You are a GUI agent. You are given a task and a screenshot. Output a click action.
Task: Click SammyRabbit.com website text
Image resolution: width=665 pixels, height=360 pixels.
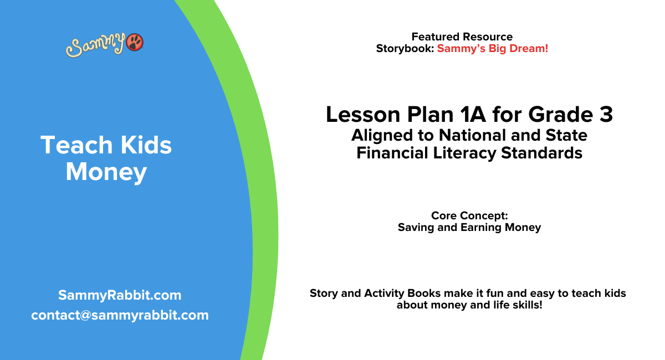point(120,295)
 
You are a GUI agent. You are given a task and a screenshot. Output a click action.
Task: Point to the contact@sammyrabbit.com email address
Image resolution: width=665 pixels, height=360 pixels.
point(120,315)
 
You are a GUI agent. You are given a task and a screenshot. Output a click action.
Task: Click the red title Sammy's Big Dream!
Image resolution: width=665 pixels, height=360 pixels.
point(493,48)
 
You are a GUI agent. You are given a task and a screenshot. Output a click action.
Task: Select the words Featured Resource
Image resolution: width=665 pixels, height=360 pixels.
point(462,37)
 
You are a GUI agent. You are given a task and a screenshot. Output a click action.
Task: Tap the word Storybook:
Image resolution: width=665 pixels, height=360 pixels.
point(405,48)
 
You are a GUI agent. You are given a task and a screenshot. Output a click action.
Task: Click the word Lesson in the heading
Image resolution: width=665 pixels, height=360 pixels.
point(354,115)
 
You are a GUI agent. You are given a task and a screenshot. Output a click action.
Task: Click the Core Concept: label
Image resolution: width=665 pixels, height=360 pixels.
point(469,215)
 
